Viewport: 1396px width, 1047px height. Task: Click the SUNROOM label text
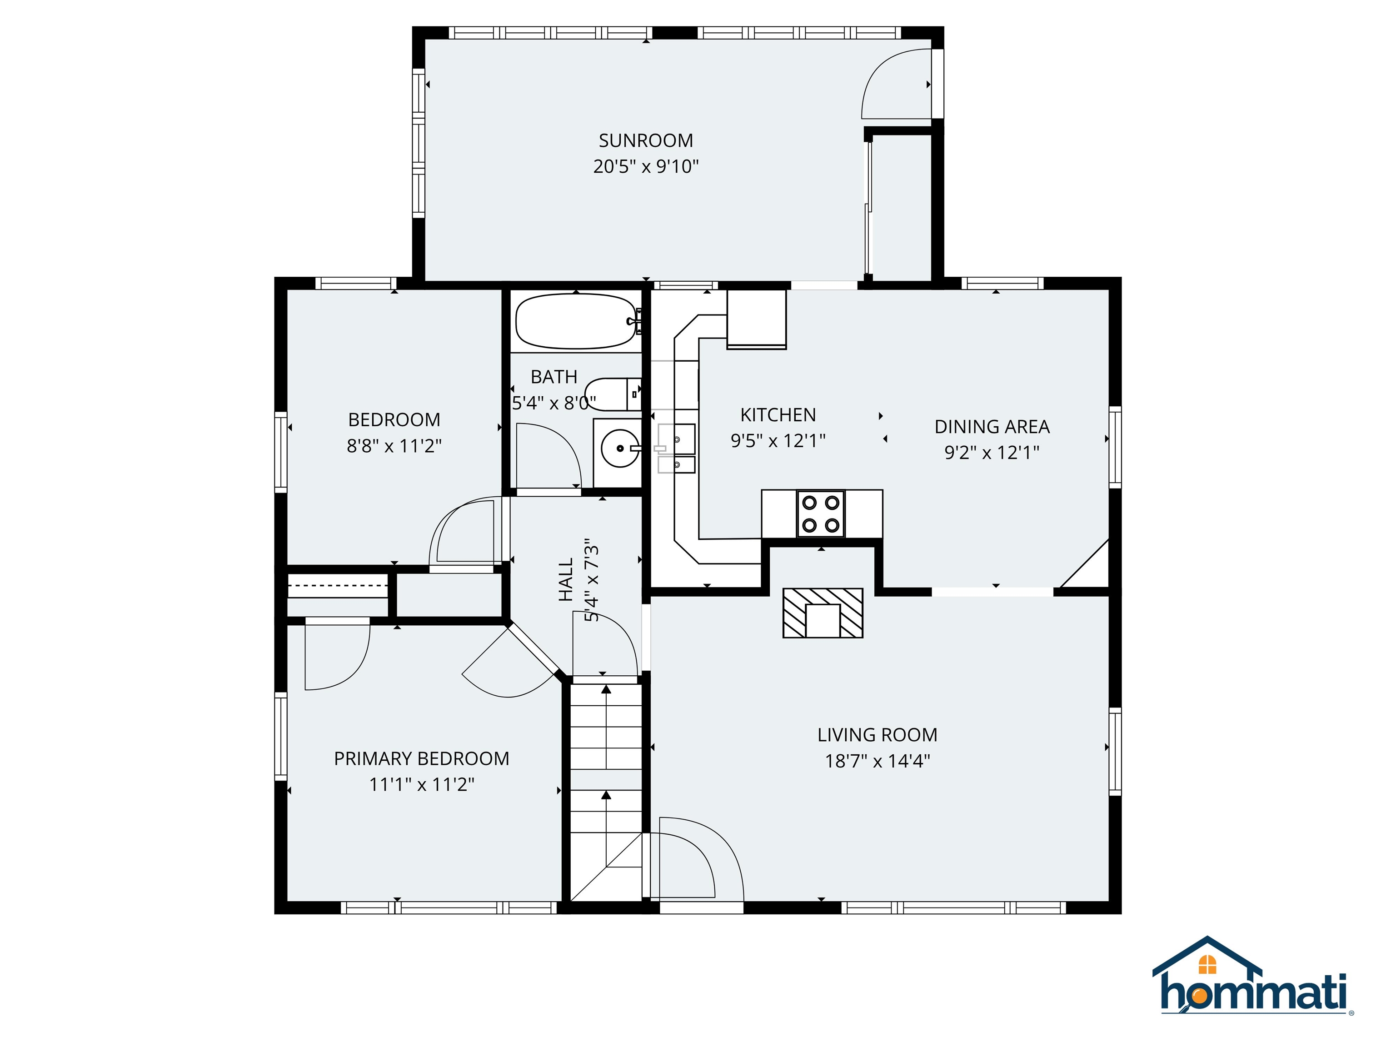pyautogui.click(x=646, y=140)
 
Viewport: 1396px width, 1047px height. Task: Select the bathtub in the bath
pyautogui.click(x=576, y=321)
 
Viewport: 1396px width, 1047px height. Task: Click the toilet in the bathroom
pyautogui.click(x=612, y=394)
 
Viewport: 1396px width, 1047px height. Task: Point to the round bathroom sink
pyautogui.click(x=620, y=448)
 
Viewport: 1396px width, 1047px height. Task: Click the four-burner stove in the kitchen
pyautogui.click(x=820, y=513)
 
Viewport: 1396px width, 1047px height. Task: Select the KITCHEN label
pyautogui.click(x=778, y=414)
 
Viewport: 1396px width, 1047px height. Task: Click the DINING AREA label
pyautogui.click(x=992, y=427)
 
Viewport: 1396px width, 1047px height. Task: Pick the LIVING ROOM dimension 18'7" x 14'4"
pyautogui.click(x=877, y=761)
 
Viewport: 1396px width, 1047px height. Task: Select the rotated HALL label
pyautogui.click(x=565, y=579)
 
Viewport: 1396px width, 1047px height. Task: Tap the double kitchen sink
pyautogui.click(x=677, y=448)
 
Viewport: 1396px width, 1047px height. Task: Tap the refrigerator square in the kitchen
pyautogui.click(x=756, y=319)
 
